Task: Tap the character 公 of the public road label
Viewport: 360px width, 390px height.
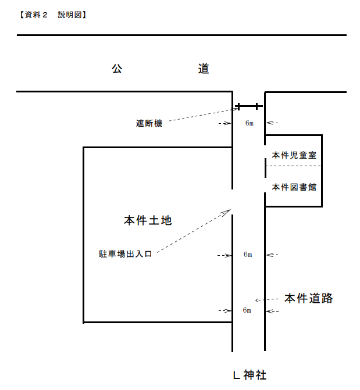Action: pos(117,69)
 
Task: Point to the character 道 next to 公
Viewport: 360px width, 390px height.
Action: pos(203,69)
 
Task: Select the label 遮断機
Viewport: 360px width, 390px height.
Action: pos(149,123)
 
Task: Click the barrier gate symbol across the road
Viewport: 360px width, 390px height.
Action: pos(249,106)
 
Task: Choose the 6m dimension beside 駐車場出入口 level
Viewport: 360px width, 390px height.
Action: pos(248,255)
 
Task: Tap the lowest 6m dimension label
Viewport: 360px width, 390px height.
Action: pos(247,310)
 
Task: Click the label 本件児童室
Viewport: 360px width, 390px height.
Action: pos(294,155)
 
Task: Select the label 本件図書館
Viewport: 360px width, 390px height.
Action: pos(294,187)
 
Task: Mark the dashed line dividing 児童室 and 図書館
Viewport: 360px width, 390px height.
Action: pos(294,166)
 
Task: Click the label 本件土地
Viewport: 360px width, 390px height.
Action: pos(148,221)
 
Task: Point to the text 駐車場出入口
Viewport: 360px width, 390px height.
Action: pos(125,254)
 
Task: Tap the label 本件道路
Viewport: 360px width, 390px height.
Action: pos(308,299)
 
